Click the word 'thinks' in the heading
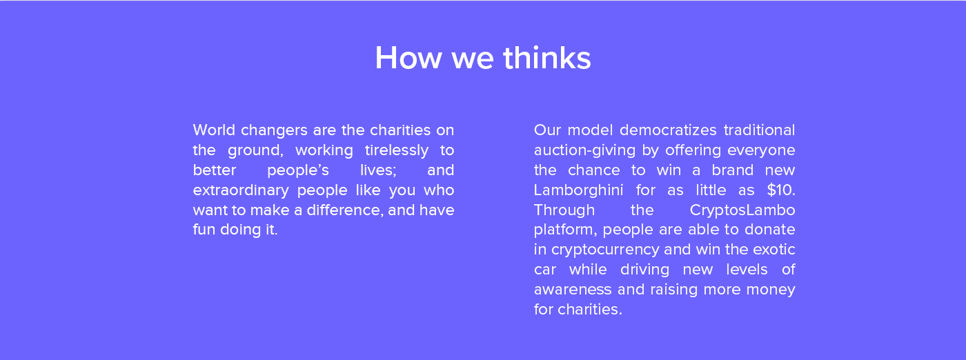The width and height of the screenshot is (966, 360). pyautogui.click(x=546, y=57)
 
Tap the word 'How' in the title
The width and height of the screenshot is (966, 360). pyautogui.click(x=408, y=57)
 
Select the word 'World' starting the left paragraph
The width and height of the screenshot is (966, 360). pyautogui.click(x=214, y=130)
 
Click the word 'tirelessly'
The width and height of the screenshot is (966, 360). pyautogui.click(x=396, y=150)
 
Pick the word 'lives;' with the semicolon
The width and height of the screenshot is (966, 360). pyautogui.click(x=378, y=170)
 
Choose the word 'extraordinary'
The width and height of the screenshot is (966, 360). pyautogui.click(x=241, y=190)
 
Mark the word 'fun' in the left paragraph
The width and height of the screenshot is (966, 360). pyautogui.click(x=204, y=230)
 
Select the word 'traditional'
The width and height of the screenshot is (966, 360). pyautogui.click(x=759, y=130)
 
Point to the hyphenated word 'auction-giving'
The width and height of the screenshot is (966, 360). pyautogui.click(x=584, y=150)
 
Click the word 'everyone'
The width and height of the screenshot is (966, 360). pyautogui.click(x=761, y=150)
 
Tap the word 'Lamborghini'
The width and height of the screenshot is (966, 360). pyautogui.click(x=578, y=190)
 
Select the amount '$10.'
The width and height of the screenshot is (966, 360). pyautogui.click(x=781, y=190)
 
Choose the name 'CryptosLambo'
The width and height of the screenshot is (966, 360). pyautogui.click(x=742, y=210)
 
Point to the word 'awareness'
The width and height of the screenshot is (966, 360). pyautogui.click(x=573, y=289)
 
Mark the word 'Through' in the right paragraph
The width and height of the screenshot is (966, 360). pyautogui.click(x=564, y=210)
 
